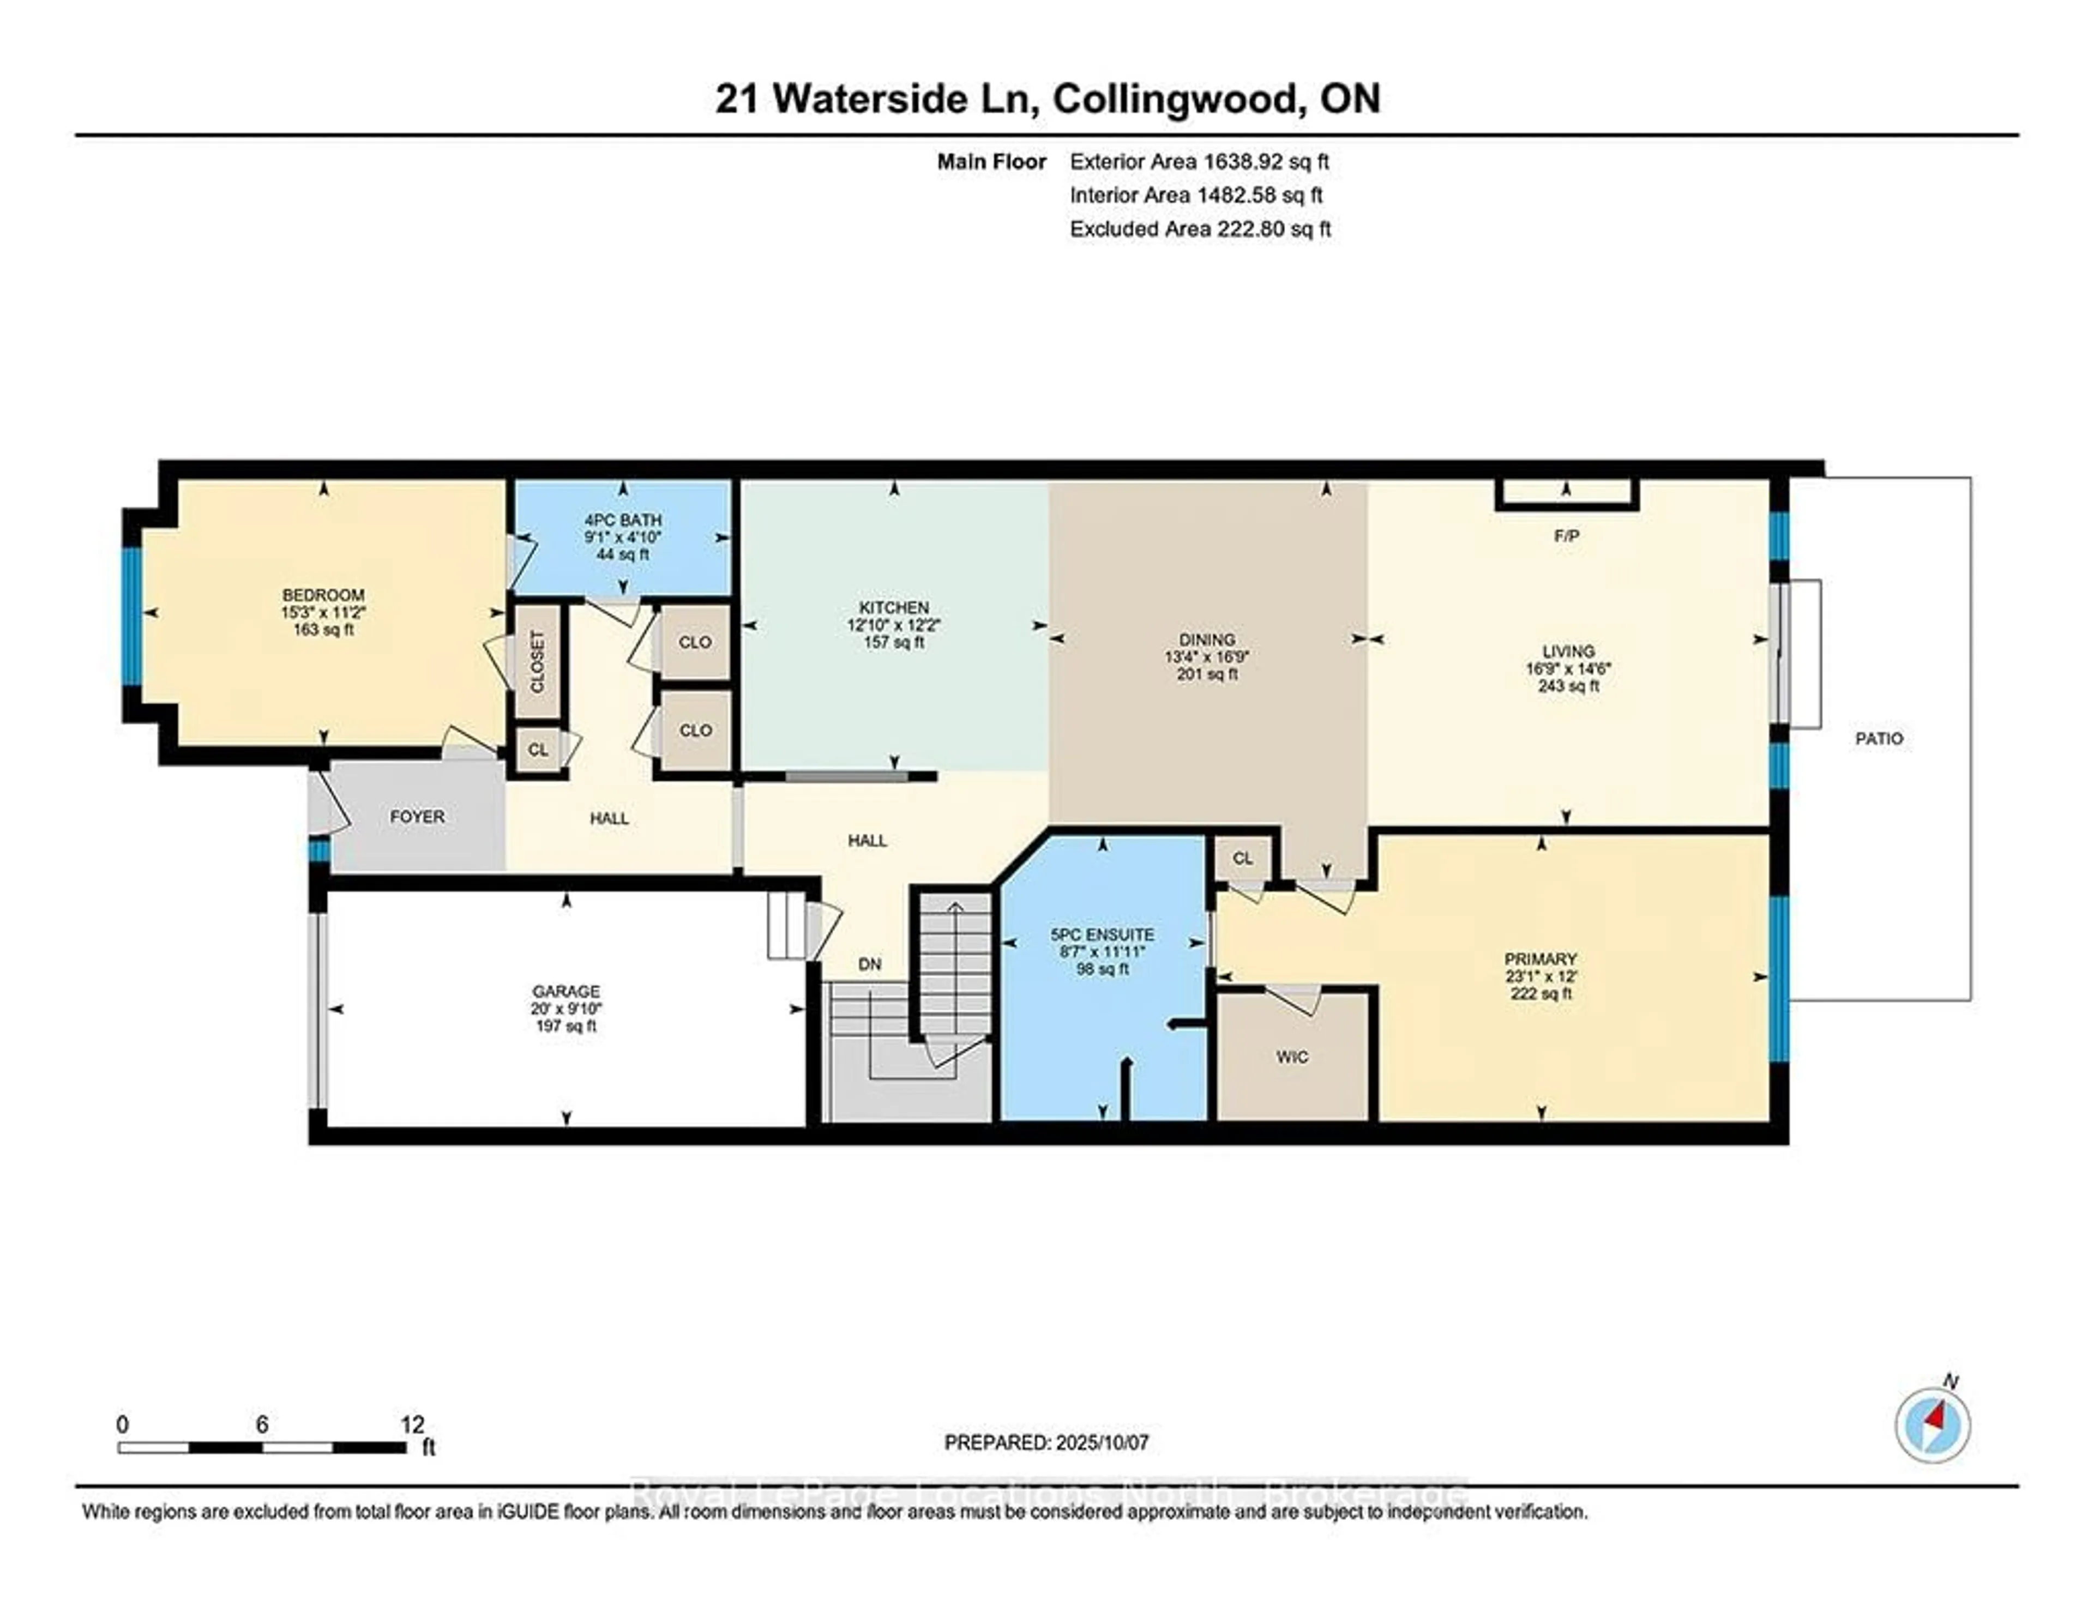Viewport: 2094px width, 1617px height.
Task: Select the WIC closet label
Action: click(x=1291, y=1057)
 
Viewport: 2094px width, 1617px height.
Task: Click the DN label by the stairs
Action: click(x=870, y=964)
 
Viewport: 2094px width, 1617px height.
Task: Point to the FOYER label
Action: click(x=417, y=817)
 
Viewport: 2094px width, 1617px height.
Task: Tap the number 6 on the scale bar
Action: click(x=262, y=1425)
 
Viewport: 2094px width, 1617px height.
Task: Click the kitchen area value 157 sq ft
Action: click(x=894, y=642)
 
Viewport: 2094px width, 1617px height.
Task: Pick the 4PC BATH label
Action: click(x=623, y=521)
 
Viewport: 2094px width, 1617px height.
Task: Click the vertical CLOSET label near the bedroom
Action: click(x=537, y=661)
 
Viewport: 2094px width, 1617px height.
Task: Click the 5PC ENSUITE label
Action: click(x=1103, y=934)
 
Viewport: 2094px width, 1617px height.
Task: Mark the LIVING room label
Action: click(x=1568, y=651)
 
